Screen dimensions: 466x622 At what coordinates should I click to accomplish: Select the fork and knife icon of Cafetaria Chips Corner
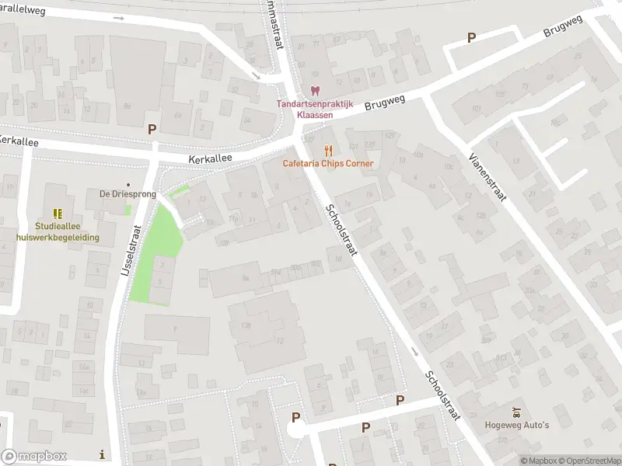point(328,150)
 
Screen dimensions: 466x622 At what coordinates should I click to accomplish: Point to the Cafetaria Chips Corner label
point(328,163)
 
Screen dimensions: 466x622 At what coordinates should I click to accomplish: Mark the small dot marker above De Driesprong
point(128,185)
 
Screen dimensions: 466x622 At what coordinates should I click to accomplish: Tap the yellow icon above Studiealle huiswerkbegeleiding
point(57,213)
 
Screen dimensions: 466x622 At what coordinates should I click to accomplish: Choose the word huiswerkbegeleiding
point(57,237)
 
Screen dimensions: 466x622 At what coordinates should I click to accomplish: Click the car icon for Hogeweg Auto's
point(516,412)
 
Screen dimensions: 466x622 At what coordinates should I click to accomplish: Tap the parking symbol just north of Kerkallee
point(152,129)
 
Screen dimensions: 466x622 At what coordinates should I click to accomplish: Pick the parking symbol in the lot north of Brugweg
point(471,37)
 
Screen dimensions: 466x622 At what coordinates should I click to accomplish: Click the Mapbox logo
point(34,456)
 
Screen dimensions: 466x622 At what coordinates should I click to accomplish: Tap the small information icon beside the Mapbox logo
point(102,454)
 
